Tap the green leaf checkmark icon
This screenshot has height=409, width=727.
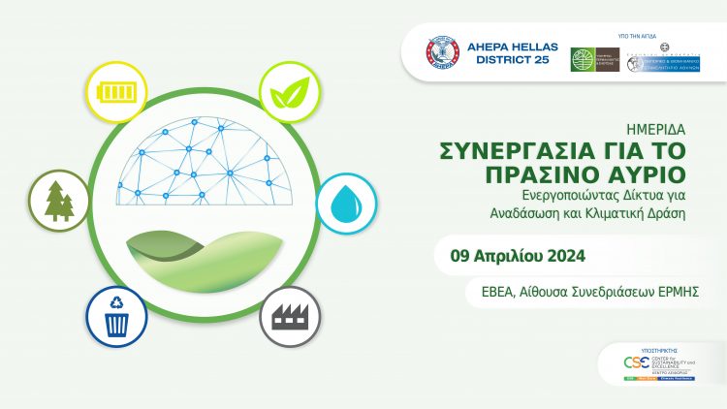click(x=290, y=94)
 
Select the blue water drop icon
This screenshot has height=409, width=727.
click(x=347, y=204)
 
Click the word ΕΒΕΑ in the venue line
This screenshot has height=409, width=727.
click(x=486, y=292)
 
